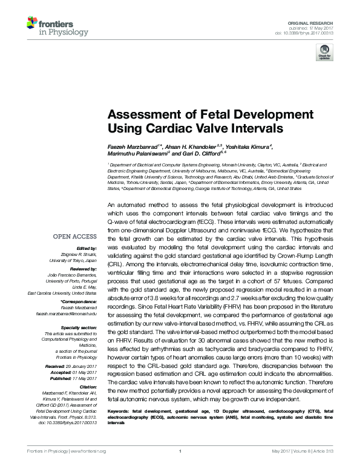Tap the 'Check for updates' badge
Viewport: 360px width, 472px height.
324,54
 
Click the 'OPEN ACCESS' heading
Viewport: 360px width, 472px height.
76,237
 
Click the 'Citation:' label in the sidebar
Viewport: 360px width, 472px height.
87,386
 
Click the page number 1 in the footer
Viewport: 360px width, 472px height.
180,468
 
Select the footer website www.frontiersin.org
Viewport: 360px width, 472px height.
89,468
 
